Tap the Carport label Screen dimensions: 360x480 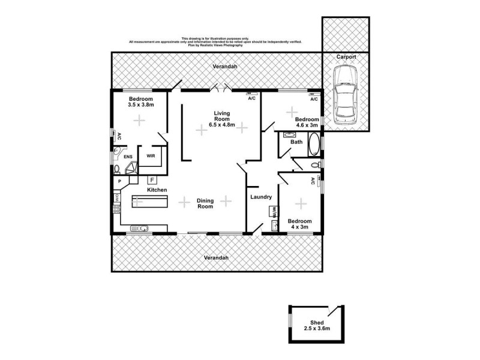[346, 56]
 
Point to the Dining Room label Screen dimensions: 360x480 [206, 203]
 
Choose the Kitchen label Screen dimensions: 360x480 [157, 190]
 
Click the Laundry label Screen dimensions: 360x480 [262, 197]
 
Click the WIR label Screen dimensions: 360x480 [151, 155]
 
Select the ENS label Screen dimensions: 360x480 [128, 157]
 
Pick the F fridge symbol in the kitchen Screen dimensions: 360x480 [152, 179]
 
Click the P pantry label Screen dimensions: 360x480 [120, 181]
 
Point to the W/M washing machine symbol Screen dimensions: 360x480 [273, 212]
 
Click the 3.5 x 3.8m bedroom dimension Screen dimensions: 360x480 [141, 105]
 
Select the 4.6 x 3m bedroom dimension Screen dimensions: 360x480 [306, 125]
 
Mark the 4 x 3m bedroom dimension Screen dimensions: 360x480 [299, 227]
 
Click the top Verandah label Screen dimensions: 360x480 [224, 67]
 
